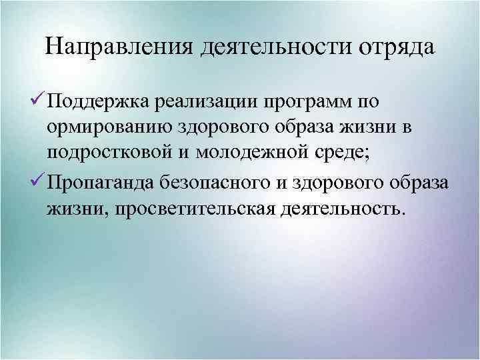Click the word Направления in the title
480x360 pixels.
(x=119, y=48)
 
